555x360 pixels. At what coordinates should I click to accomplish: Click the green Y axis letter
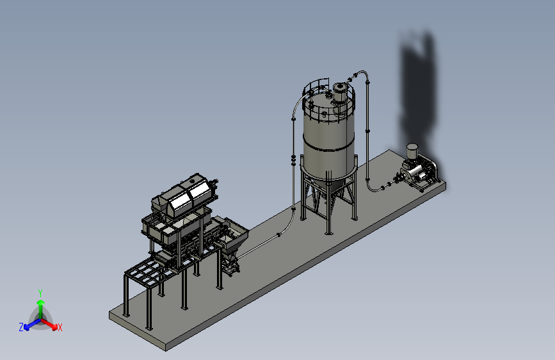(x=40, y=293)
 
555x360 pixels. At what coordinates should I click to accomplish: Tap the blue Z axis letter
(x=21, y=327)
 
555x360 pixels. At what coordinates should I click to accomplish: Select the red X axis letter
(x=60, y=327)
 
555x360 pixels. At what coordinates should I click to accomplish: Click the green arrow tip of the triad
(x=41, y=302)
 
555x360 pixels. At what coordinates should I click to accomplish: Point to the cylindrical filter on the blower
(x=412, y=151)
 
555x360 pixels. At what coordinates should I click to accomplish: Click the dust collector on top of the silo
(x=340, y=92)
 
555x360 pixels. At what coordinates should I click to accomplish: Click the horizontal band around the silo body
(x=328, y=146)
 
